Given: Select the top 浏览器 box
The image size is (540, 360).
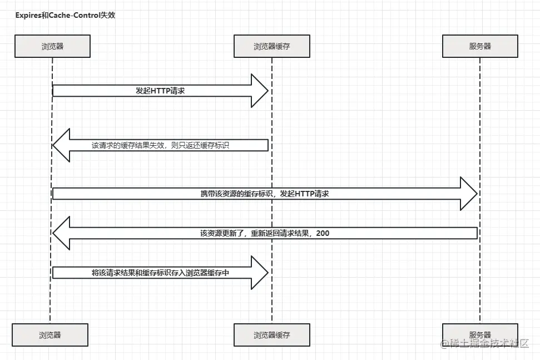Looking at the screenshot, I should coord(52,46).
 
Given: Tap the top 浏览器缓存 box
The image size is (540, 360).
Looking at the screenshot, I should coord(271,46).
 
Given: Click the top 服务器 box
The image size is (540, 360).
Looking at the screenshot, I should coord(480,46).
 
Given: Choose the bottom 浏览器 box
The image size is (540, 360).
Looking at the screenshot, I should coord(50,335).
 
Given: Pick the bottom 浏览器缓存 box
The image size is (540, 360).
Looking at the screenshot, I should coord(271,335).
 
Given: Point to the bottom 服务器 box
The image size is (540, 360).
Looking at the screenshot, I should coord(480,335).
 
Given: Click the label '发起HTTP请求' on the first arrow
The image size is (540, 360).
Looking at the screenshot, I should coord(160,90).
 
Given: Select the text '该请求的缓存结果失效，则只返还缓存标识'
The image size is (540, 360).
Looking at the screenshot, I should coord(161,145).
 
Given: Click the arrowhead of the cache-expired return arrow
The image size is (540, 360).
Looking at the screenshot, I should coord(61,145).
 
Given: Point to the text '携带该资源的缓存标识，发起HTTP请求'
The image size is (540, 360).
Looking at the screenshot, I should coord(265,194).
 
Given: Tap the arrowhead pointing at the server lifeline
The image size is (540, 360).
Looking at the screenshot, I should coord(469,194).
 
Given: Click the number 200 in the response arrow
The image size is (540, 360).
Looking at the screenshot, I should coord(323,233).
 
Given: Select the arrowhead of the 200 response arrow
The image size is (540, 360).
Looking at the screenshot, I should coord(61,233).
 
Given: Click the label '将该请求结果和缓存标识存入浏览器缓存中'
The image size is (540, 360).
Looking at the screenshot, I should coord(160,273).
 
